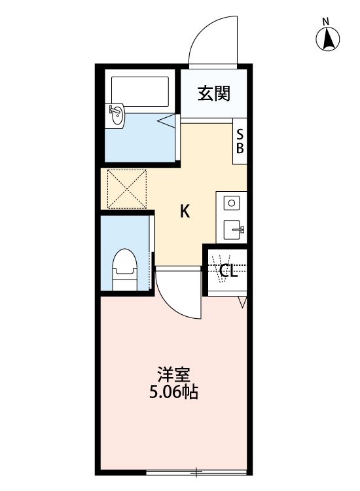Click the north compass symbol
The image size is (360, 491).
click(x=327, y=40)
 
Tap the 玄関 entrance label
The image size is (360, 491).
click(x=214, y=94)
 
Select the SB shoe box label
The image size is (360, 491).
click(x=240, y=141)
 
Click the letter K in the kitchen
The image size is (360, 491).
click(x=185, y=211)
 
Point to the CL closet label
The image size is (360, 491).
click(x=227, y=270)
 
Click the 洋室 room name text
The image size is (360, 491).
click(x=173, y=376)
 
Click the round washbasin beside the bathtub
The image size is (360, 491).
click(x=117, y=116)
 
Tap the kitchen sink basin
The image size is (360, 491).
click(x=233, y=230)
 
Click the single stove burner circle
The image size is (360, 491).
click(x=231, y=204)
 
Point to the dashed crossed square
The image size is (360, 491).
click(x=126, y=189)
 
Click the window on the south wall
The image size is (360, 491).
click(x=196, y=471)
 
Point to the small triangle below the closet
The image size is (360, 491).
click(x=242, y=302)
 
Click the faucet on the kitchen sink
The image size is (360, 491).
click(x=240, y=229)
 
